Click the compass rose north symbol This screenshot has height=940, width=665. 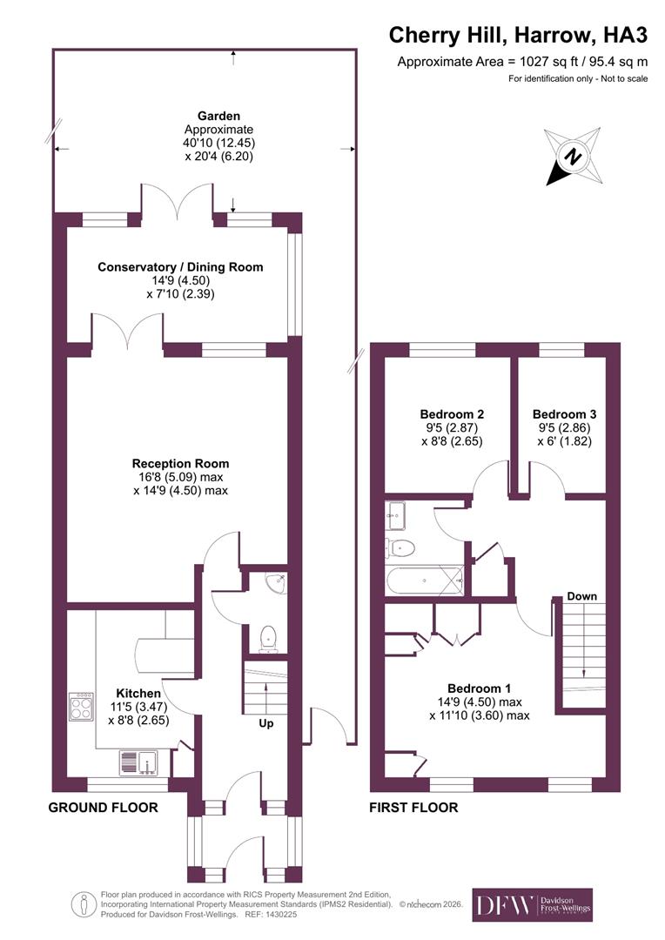(572, 157)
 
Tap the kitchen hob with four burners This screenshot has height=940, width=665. (82, 706)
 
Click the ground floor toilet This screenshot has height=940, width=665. (268, 637)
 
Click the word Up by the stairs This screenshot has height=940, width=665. (266, 722)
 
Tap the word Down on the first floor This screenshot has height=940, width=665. (581, 596)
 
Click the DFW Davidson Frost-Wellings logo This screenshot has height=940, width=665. (532, 905)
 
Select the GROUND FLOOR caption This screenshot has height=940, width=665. (103, 808)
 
